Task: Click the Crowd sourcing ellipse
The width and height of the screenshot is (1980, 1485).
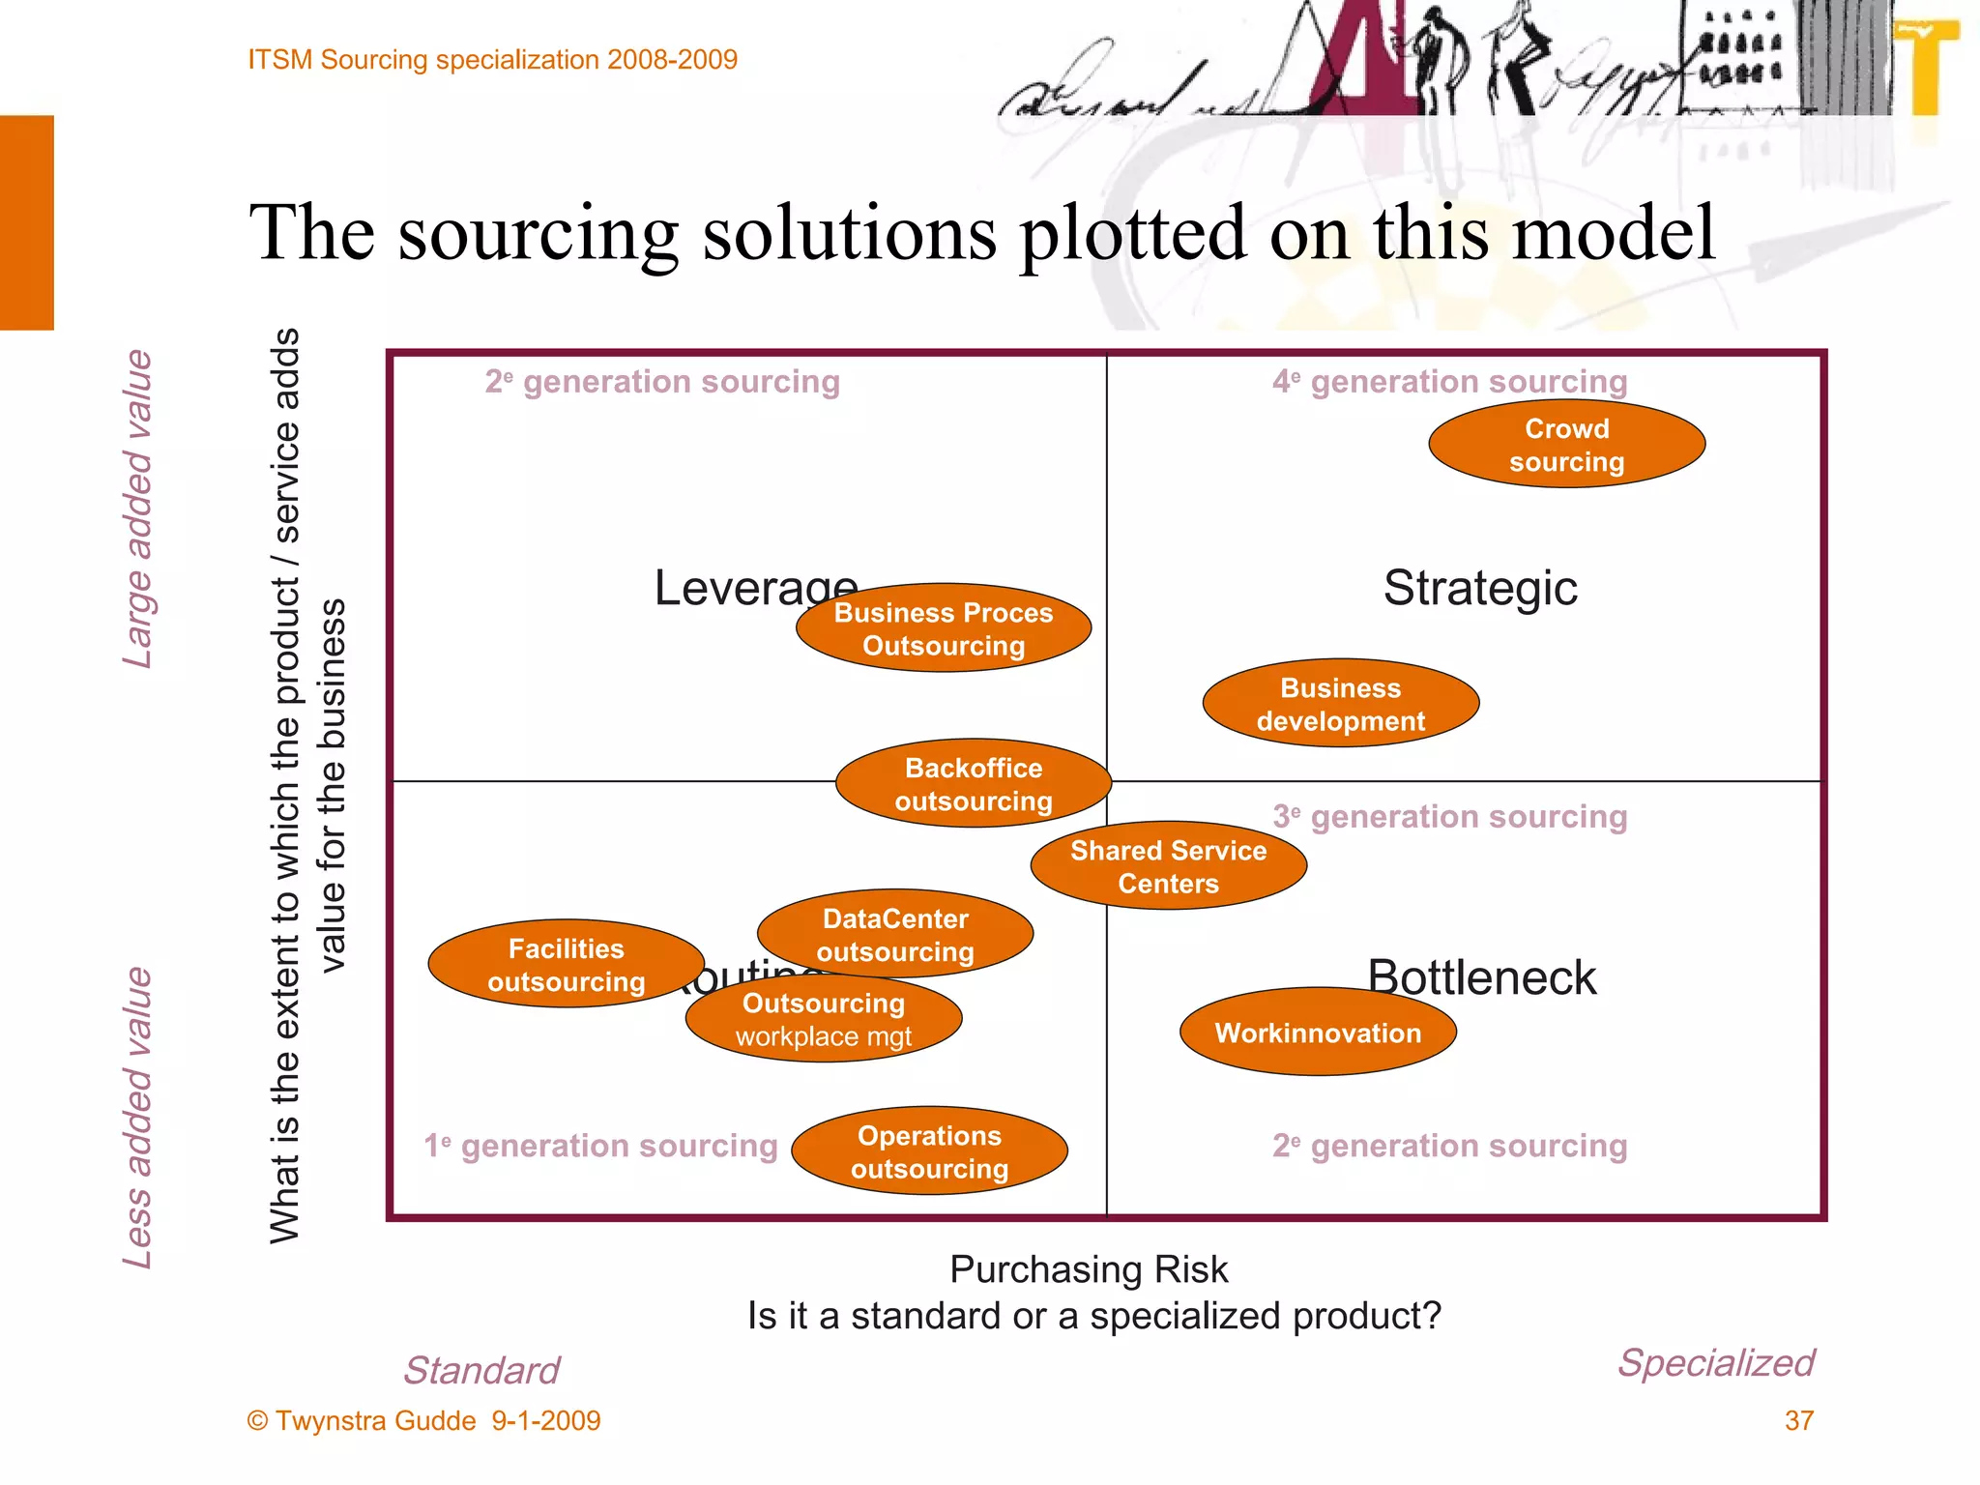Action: [x=1566, y=445]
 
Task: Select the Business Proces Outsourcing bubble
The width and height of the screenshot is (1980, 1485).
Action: [x=944, y=628]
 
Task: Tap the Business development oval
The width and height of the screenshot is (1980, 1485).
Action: [x=1340, y=704]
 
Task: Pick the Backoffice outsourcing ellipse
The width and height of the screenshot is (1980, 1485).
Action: [x=973, y=784]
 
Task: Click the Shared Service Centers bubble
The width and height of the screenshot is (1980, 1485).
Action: [x=1168, y=866]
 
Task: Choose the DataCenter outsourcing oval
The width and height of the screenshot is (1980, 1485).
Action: [x=895, y=934]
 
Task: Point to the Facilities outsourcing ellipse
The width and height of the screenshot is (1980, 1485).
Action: [x=566, y=964]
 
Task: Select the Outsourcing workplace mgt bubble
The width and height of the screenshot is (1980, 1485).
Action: [x=824, y=1019]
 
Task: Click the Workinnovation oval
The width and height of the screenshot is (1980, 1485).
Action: [x=1318, y=1033]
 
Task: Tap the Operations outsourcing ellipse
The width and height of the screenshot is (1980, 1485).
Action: [x=929, y=1151]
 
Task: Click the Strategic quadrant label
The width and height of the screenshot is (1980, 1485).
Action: [x=1479, y=588]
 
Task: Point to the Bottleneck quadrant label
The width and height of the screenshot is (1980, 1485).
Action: [x=1481, y=976]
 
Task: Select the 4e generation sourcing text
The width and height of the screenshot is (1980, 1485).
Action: [x=1449, y=382]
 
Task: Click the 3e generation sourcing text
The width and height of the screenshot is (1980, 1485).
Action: [x=1449, y=817]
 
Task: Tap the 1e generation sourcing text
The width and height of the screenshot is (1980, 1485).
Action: [x=600, y=1146]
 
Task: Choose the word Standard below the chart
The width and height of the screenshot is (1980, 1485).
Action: [x=481, y=1370]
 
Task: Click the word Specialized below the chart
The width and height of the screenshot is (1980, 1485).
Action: [x=1716, y=1362]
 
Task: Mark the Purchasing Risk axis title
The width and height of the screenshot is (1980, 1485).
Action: [x=1089, y=1269]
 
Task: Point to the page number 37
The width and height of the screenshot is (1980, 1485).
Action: [x=1798, y=1420]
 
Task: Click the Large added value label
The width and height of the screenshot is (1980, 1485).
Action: [x=138, y=509]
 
